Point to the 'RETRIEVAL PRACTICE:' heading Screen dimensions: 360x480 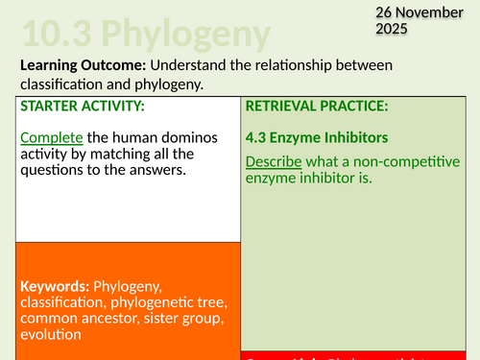click(x=315, y=105)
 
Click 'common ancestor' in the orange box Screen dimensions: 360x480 click(x=76, y=319)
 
